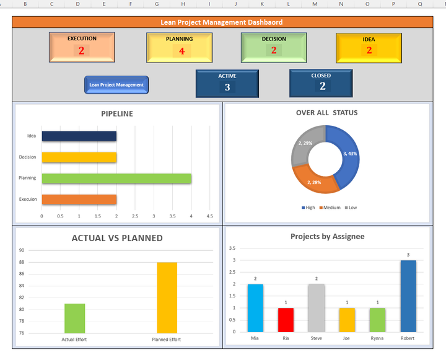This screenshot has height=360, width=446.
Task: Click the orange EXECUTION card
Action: click(82, 47)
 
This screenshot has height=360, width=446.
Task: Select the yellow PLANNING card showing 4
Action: click(179, 48)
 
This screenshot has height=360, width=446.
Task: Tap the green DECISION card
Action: click(274, 47)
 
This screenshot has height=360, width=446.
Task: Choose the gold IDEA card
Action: click(369, 48)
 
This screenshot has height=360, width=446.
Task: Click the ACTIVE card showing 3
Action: click(227, 83)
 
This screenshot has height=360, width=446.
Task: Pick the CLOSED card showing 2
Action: click(321, 82)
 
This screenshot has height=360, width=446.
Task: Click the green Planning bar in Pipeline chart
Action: click(116, 178)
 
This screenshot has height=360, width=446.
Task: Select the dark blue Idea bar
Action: click(79, 136)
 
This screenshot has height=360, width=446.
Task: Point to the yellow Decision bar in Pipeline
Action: click(79, 157)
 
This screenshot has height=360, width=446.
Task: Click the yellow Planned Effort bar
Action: click(167, 297)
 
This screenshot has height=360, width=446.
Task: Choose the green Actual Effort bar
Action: click(74, 318)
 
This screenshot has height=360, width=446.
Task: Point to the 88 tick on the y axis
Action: click(22, 262)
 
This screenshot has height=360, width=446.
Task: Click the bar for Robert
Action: click(408, 296)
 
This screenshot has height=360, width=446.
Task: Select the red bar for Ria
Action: click(286, 319)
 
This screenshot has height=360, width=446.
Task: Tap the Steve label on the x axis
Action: click(316, 338)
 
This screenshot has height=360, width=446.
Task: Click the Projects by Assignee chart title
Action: click(327, 236)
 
